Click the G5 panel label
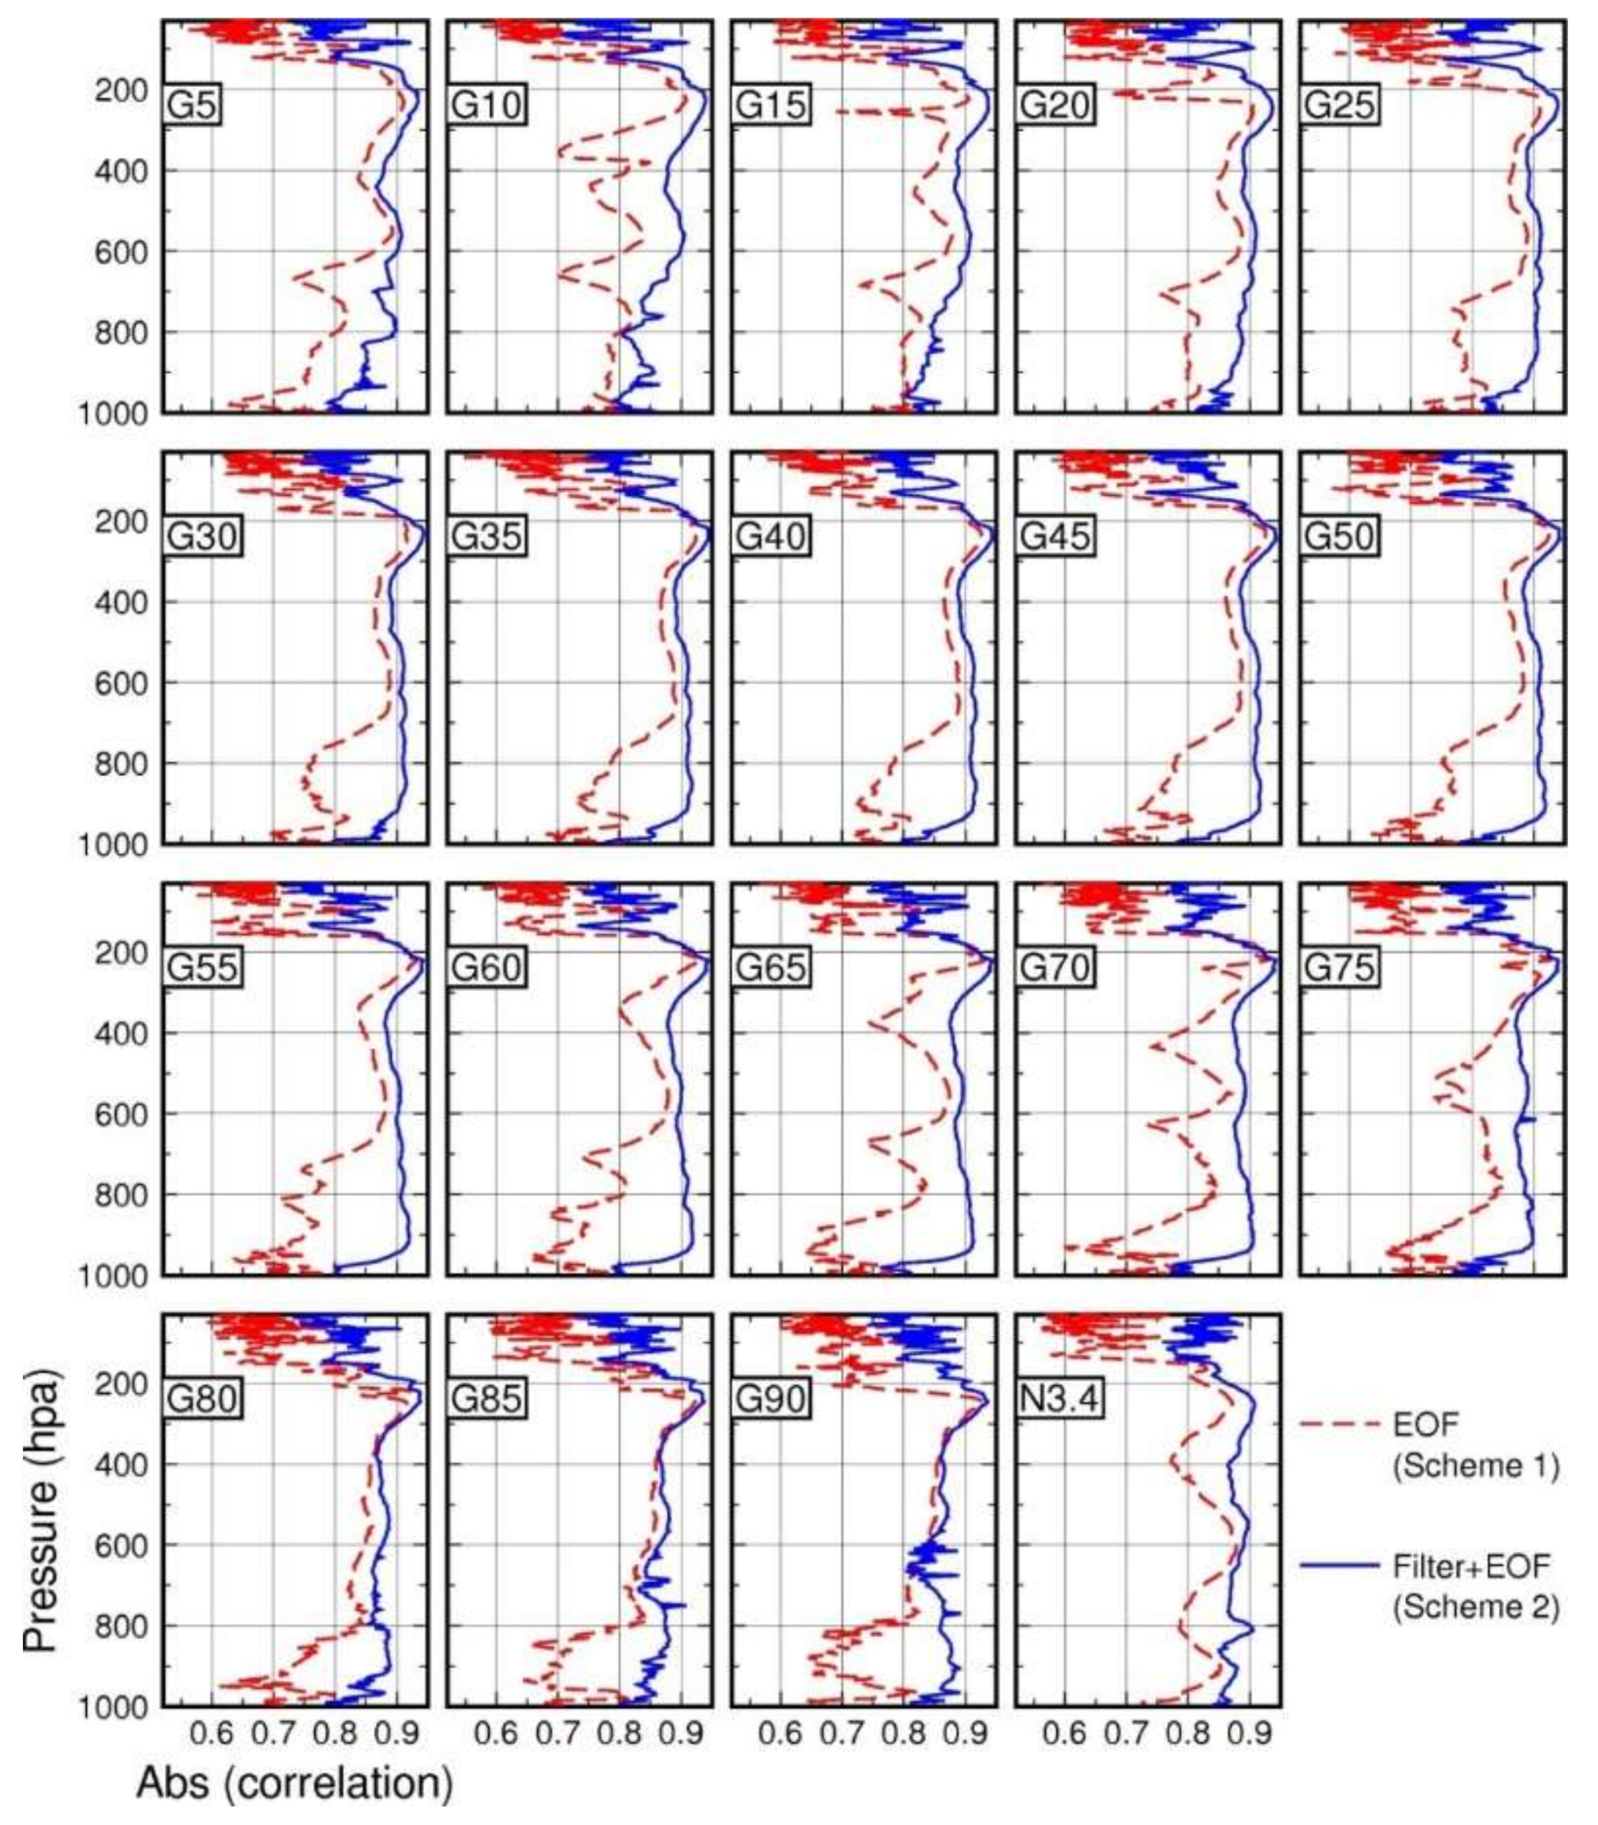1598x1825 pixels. pyautogui.click(x=193, y=105)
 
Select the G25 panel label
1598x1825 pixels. pyautogui.click(x=1340, y=105)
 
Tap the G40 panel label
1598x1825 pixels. pyautogui.click(x=771, y=536)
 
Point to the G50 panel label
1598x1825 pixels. pyautogui.click(x=1340, y=536)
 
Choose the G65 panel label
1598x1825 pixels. pyautogui.click(x=771, y=967)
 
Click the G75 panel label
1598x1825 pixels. pyautogui.click(x=1340, y=967)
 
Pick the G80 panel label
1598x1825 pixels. pyautogui.click(x=202, y=1399)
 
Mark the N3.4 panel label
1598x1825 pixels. pyautogui.click(x=1058, y=1399)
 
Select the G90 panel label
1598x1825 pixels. pyautogui.click(x=771, y=1399)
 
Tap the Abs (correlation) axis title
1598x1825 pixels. pyautogui.click(x=294, y=1783)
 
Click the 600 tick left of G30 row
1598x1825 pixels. pyautogui.click(x=121, y=683)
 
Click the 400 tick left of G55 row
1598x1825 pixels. pyautogui.click(x=121, y=1034)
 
